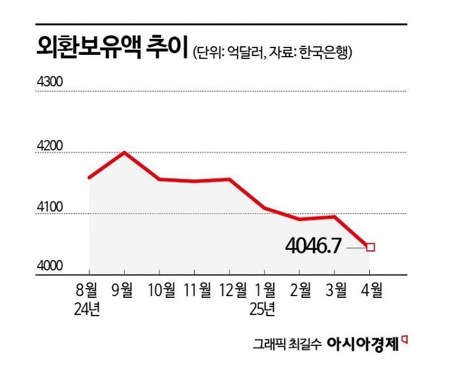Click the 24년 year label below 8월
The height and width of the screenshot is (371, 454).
(x=89, y=308)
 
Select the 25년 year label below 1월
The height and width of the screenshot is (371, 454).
(x=264, y=308)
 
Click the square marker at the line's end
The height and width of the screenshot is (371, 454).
(x=371, y=247)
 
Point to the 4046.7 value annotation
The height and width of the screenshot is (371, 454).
(x=313, y=247)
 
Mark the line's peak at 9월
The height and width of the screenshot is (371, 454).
(x=124, y=152)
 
